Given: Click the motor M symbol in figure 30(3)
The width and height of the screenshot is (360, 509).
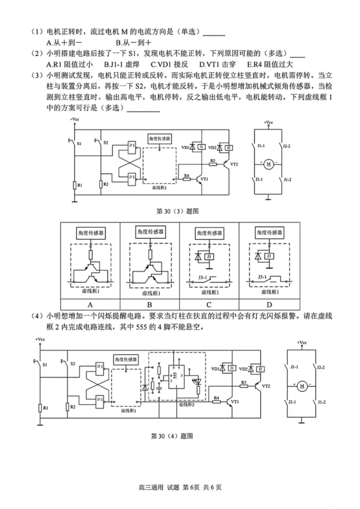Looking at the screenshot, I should [269, 164].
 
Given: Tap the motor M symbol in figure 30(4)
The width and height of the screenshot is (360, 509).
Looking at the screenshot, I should [302, 386].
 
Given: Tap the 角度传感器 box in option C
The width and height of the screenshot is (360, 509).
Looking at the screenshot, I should [209, 233].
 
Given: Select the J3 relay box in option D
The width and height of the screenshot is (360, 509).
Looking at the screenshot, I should [269, 256].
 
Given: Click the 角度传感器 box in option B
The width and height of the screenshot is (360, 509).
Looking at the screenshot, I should [149, 232].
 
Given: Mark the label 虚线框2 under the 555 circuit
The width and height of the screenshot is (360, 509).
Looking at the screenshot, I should [187, 404].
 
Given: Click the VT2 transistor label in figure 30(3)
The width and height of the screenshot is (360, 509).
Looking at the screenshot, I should [234, 165].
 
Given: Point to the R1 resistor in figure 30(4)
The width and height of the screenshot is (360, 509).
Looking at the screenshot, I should [40, 407].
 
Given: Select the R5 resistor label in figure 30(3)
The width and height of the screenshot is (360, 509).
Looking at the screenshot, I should [213, 160].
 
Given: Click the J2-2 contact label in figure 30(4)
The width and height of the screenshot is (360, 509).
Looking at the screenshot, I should [320, 367].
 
